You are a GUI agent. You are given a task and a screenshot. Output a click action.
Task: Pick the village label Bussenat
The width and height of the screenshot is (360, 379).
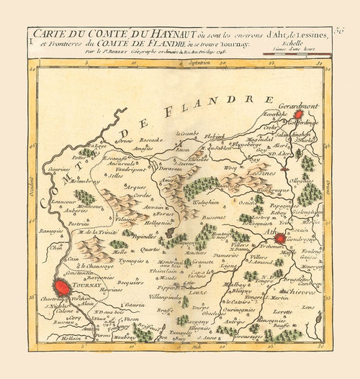215,216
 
